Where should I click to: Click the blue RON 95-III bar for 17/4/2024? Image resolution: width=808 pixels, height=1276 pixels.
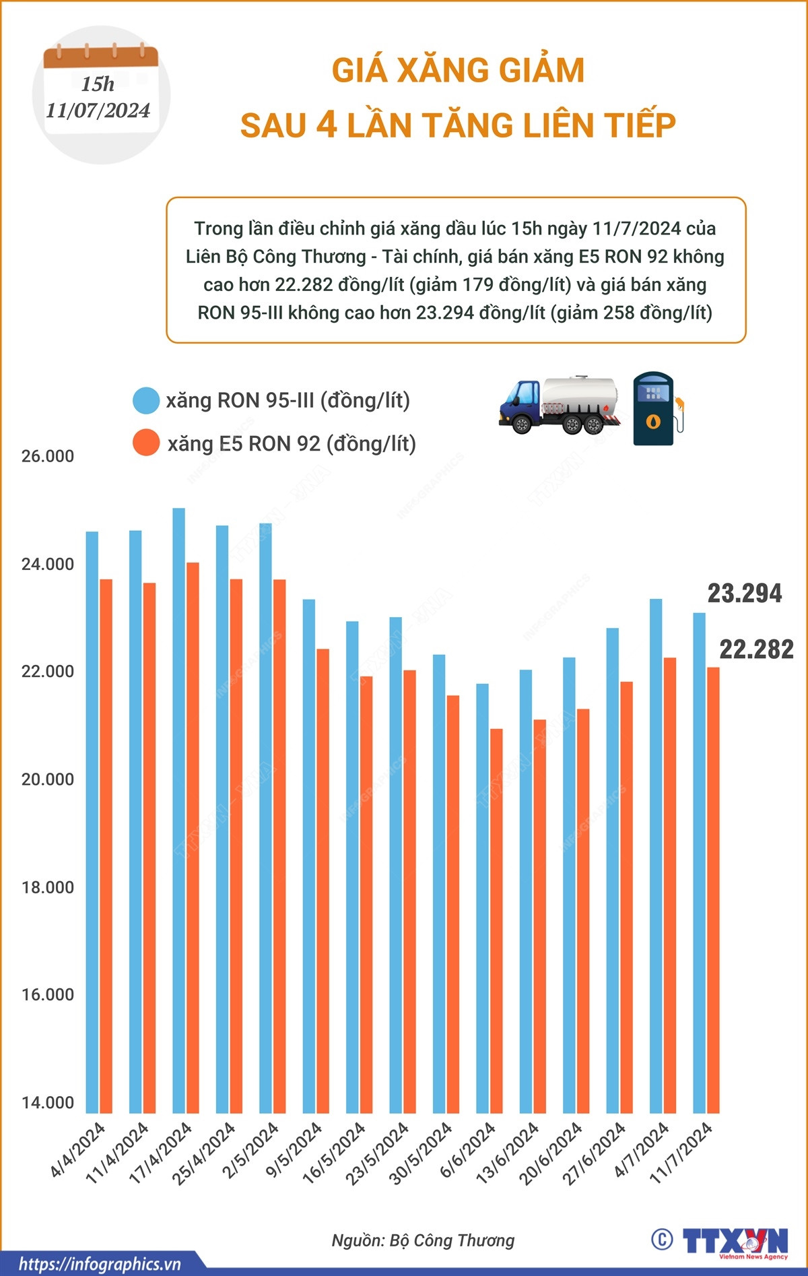[x=178, y=808]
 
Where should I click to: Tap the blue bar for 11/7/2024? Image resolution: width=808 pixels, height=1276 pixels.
[x=700, y=862]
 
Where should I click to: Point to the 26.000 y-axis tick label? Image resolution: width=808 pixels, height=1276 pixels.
[x=48, y=456]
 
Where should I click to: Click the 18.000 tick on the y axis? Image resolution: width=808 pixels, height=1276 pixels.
[x=48, y=887]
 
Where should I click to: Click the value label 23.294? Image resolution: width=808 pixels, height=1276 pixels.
[x=744, y=594]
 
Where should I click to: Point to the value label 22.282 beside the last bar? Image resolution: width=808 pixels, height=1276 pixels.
[x=756, y=649]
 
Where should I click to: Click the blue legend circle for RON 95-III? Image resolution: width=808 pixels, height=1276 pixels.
[x=146, y=400]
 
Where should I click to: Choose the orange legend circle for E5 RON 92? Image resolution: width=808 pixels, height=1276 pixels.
[x=146, y=443]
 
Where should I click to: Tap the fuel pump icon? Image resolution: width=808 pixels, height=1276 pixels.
[x=656, y=408]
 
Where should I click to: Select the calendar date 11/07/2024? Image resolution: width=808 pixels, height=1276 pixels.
[x=98, y=110]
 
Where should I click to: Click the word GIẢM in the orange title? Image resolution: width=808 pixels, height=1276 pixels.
[x=540, y=71]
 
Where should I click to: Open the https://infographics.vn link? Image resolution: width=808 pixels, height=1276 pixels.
[x=100, y=1264]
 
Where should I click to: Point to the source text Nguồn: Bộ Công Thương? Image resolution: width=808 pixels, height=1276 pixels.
[x=423, y=1240]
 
